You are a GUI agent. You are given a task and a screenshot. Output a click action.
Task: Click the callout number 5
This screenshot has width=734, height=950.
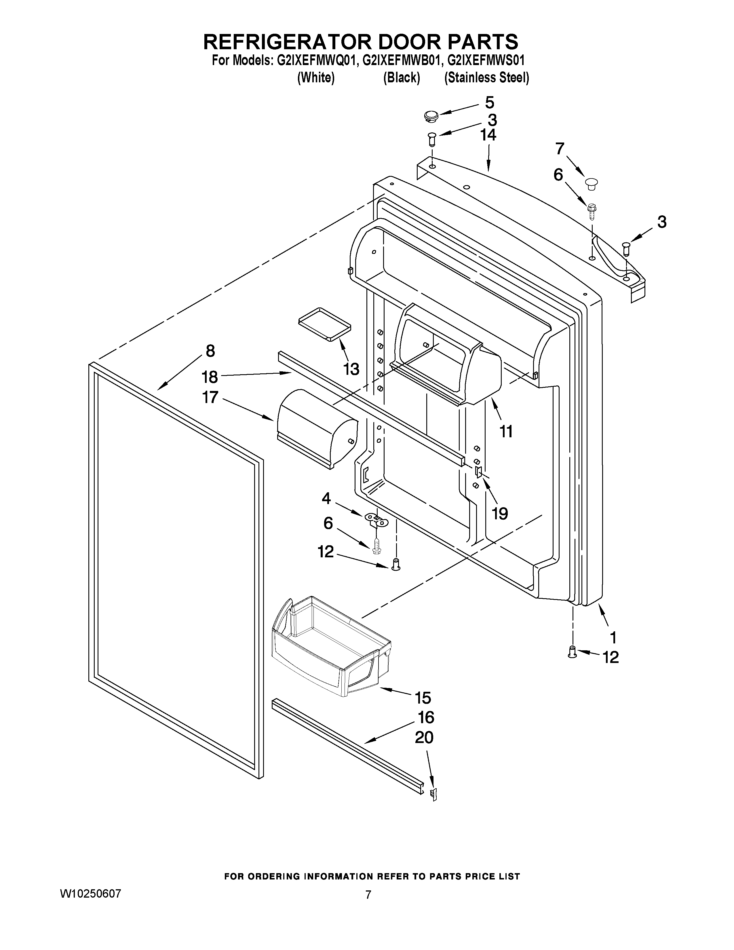[x=490, y=103]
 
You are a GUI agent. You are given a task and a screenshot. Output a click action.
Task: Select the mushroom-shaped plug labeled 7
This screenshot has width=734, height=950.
[x=590, y=184]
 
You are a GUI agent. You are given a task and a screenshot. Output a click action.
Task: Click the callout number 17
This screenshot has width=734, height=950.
[x=210, y=397]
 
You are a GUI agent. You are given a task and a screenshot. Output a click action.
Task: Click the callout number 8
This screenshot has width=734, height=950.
[x=210, y=351]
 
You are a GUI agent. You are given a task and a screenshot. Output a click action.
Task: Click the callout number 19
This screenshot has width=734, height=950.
[x=500, y=514]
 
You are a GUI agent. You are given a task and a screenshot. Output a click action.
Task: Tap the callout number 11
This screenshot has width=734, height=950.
[x=506, y=432]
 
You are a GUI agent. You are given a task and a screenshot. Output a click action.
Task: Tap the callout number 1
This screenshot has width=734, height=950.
[x=613, y=638]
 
